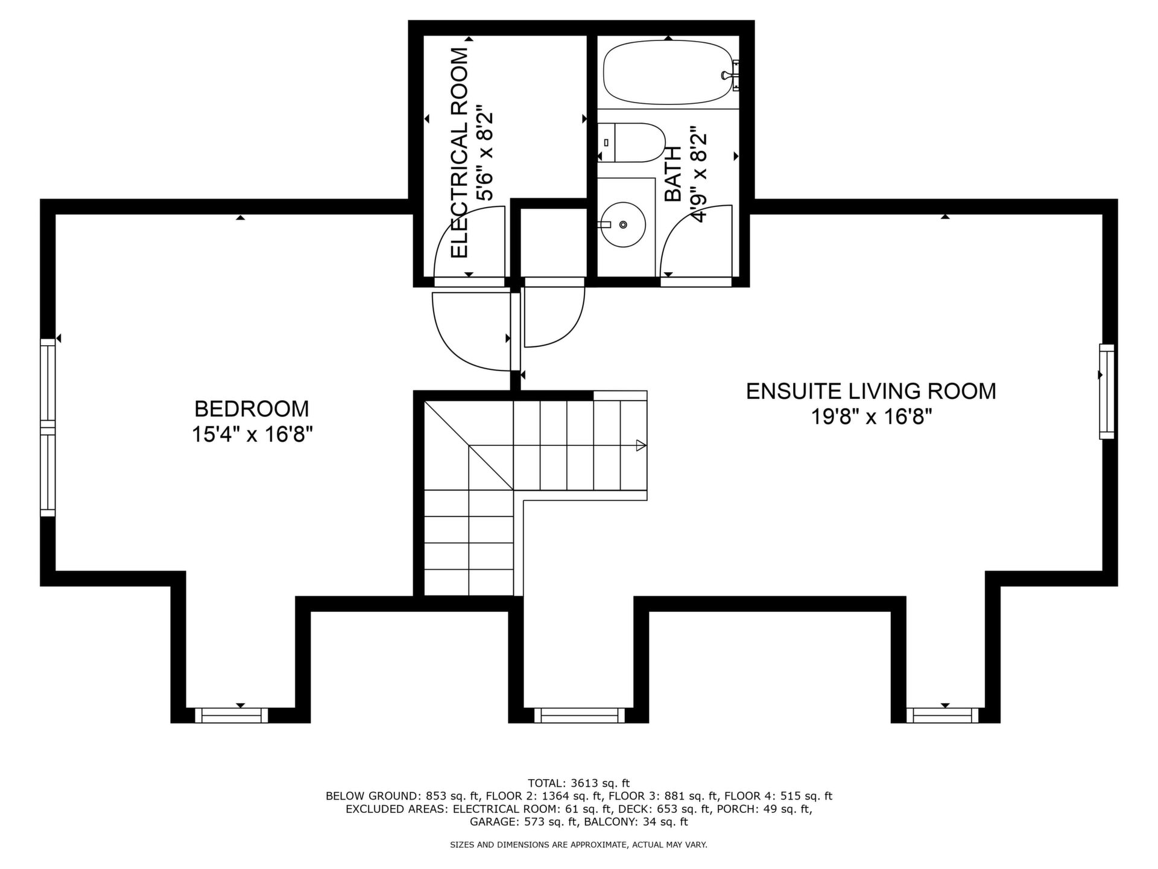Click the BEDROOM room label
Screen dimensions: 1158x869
click(252, 409)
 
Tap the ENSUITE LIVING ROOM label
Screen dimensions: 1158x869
click(871, 391)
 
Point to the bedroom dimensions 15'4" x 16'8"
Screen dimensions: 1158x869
click(252, 434)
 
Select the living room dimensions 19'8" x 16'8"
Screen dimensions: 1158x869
click(872, 417)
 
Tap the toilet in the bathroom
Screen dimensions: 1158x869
click(631, 143)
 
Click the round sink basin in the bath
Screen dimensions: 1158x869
click(624, 224)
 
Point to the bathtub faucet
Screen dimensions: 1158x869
click(731, 75)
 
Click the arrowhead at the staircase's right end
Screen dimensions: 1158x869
click(641, 446)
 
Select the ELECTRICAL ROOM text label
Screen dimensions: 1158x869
click(460, 153)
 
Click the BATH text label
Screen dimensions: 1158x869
click(672, 174)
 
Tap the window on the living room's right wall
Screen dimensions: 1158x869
click(1107, 391)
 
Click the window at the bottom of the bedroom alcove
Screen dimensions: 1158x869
click(232, 716)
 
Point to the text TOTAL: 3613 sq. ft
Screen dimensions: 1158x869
click(578, 783)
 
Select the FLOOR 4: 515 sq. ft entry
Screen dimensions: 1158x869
click(778, 796)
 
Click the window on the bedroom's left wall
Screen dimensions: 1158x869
click(48, 428)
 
